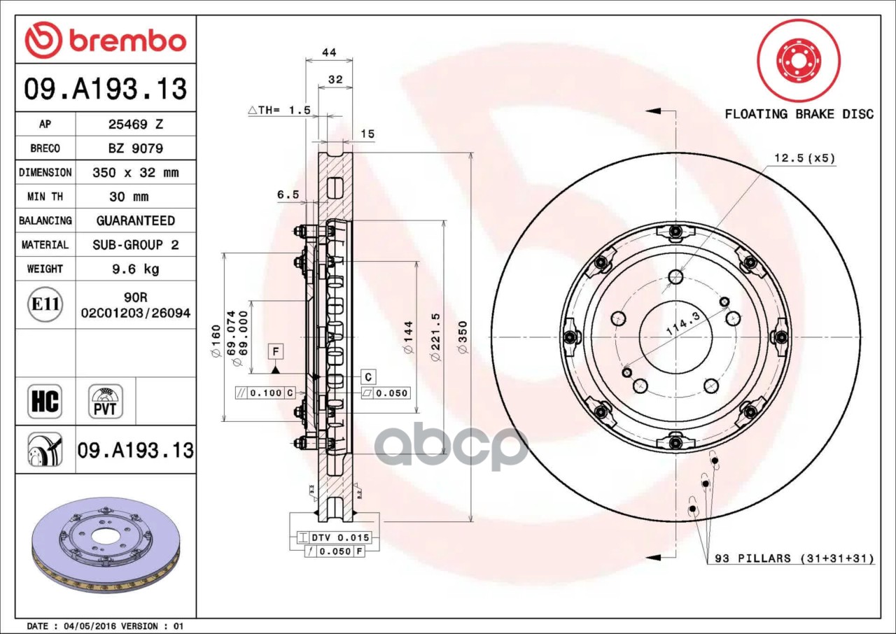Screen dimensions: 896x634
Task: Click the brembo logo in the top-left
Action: pos(106,40)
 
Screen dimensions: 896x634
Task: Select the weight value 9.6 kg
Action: pos(136,269)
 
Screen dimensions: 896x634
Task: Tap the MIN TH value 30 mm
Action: pos(129,197)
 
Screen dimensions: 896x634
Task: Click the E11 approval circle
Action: pos(45,304)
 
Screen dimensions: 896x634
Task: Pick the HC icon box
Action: pos(45,401)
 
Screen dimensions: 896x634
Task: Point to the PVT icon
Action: pos(106,401)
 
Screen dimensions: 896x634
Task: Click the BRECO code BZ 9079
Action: pos(136,149)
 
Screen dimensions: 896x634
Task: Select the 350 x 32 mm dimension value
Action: pos(136,173)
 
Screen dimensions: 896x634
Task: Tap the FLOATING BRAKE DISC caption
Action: pos(799,114)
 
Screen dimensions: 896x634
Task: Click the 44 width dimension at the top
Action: pos(329,52)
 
